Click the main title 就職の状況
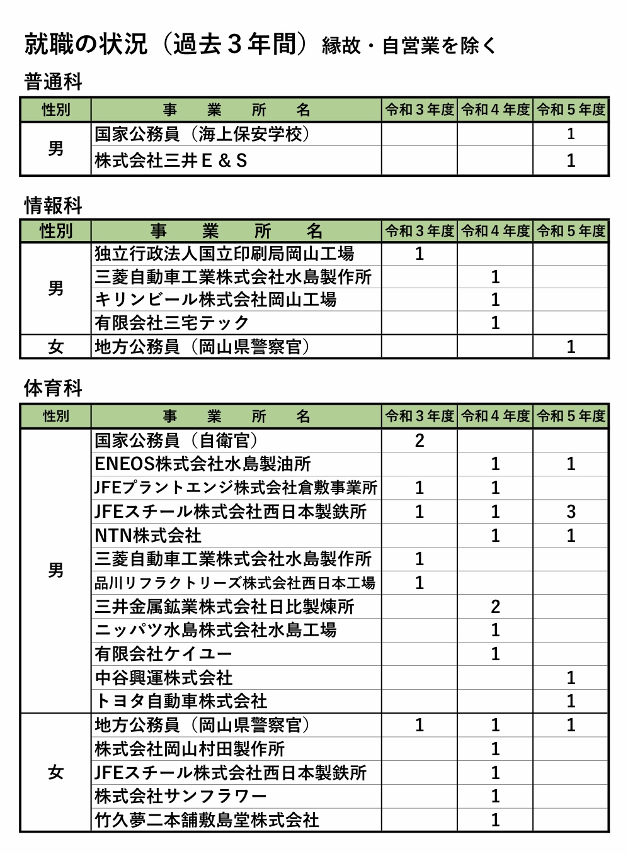tap(86, 44)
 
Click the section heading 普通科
tap(53, 82)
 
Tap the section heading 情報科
tap(53, 205)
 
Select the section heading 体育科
tap(53, 388)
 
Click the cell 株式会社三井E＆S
tap(171, 161)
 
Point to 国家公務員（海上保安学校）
tap(202, 134)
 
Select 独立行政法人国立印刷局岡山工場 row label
tap(224, 254)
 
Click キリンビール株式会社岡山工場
tap(215, 300)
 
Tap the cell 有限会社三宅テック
tap(172, 323)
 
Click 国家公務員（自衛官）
tap(176, 441)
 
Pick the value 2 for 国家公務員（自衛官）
tap(420, 441)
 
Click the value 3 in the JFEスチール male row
tap(571, 512)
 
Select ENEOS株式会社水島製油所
tap(203, 464)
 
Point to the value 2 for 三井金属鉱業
tap(495, 607)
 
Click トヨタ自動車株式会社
tap(181, 701)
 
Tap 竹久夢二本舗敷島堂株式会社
tap(207, 820)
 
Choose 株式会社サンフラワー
tap(181, 796)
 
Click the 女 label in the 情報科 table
tap(55, 347)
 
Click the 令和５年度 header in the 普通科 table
tap(571, 110)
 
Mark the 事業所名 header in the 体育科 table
tap(236, 416)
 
